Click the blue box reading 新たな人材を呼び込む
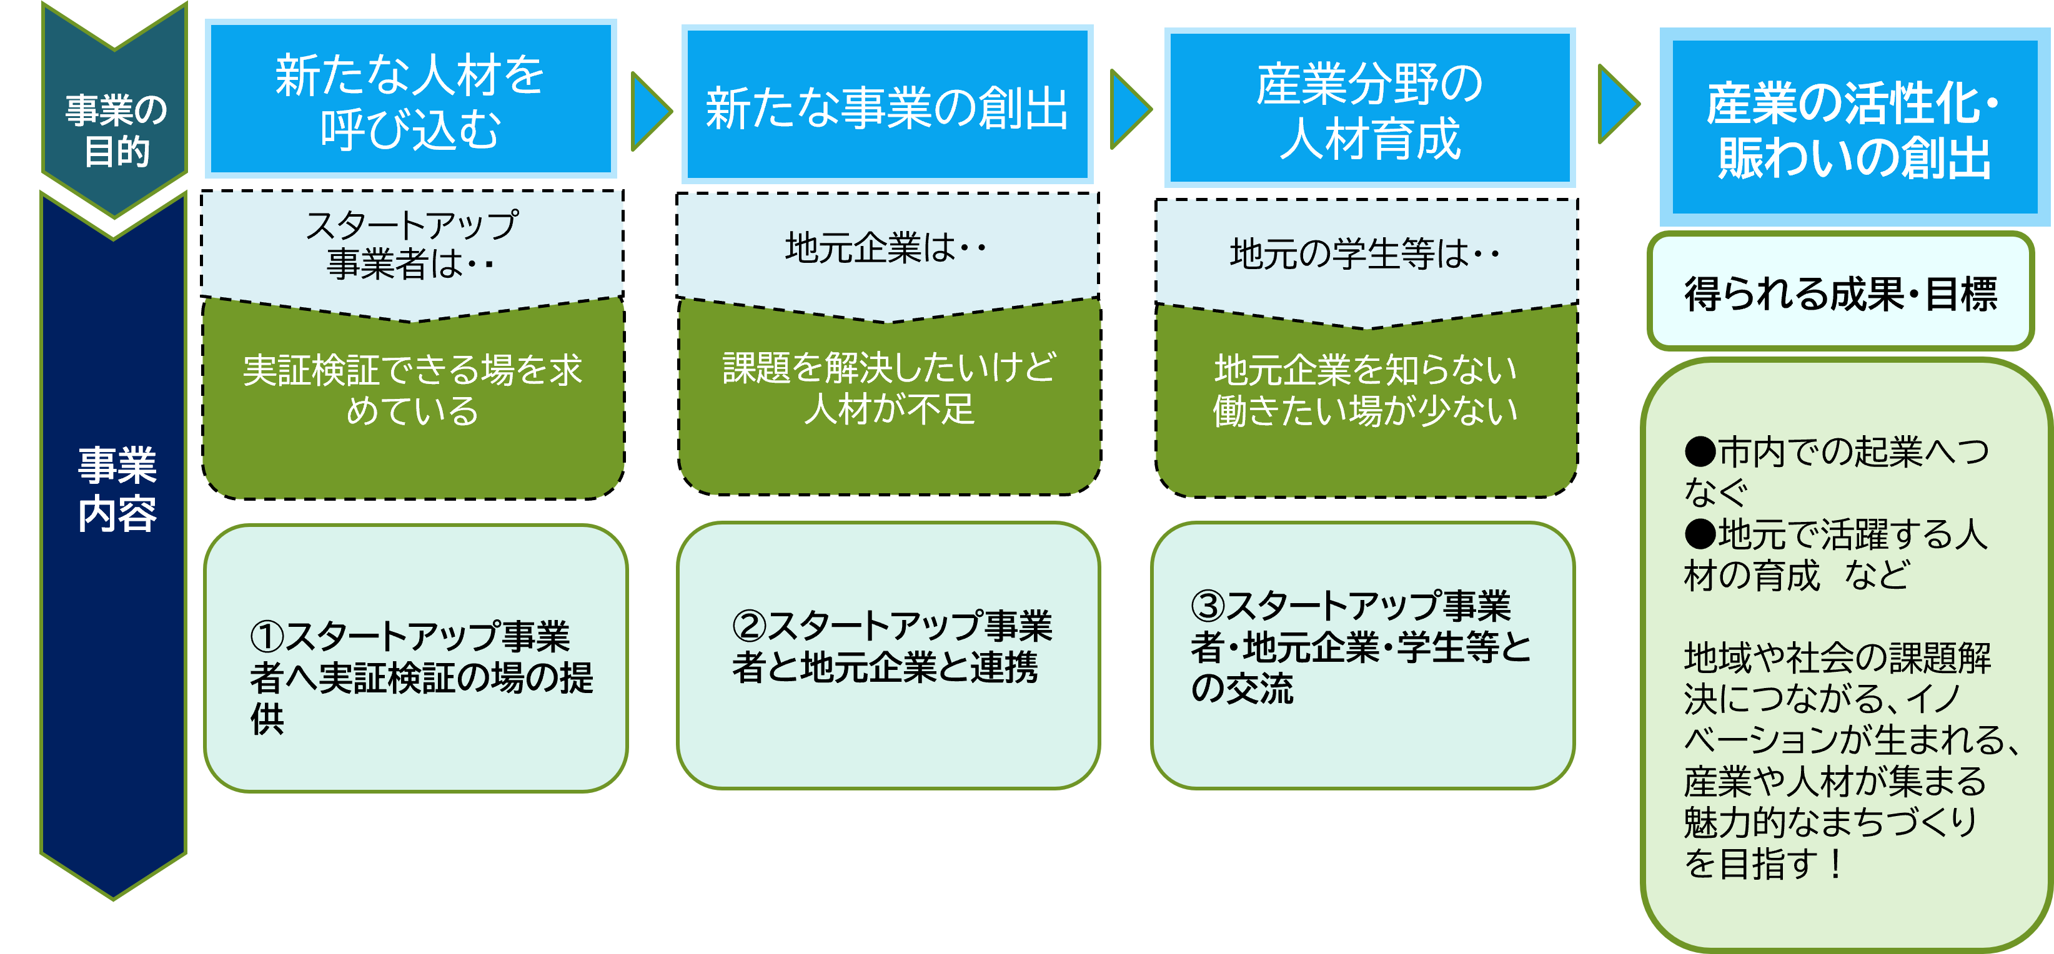(410, 100)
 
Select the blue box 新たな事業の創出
(886, 106)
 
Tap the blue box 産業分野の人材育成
(1370, 109)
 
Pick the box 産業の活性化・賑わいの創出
(1854, 127)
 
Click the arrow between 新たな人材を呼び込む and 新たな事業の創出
(649, 111)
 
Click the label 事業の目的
(116, 130)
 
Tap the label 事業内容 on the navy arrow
(116, 488)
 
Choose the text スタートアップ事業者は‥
(412, 244)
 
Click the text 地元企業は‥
(886, 248)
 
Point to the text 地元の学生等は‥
(1365, 254)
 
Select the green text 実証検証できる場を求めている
(412, 390)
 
